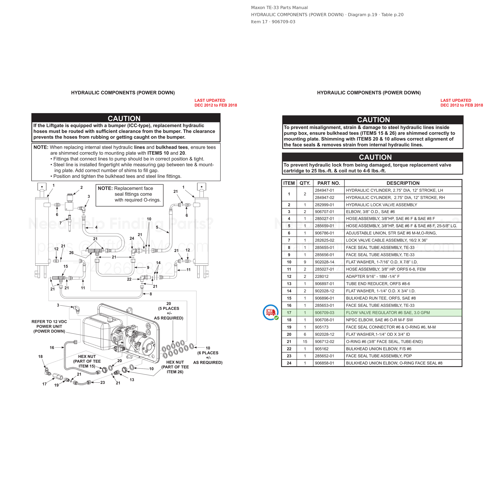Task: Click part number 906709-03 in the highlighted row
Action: pos(325,313)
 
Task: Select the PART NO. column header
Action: pos(328,183)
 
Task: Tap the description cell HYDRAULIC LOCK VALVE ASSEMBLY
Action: pos(381,205)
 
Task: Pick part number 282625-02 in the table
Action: pos(325,240)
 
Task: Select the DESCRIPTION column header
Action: pos(403,183)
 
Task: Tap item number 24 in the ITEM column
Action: pos(289,363)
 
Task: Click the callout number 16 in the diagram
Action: pos(52,348)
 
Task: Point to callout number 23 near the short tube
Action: pos(103,383)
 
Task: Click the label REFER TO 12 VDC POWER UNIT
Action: pos(49,324)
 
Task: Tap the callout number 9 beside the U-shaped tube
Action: pos(148,267)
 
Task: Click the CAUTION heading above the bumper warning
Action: pos(124,118)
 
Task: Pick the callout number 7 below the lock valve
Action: pos(61,223)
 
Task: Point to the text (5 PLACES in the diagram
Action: pos(169,308)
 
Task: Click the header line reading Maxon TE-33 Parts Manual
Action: pos(279,8)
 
